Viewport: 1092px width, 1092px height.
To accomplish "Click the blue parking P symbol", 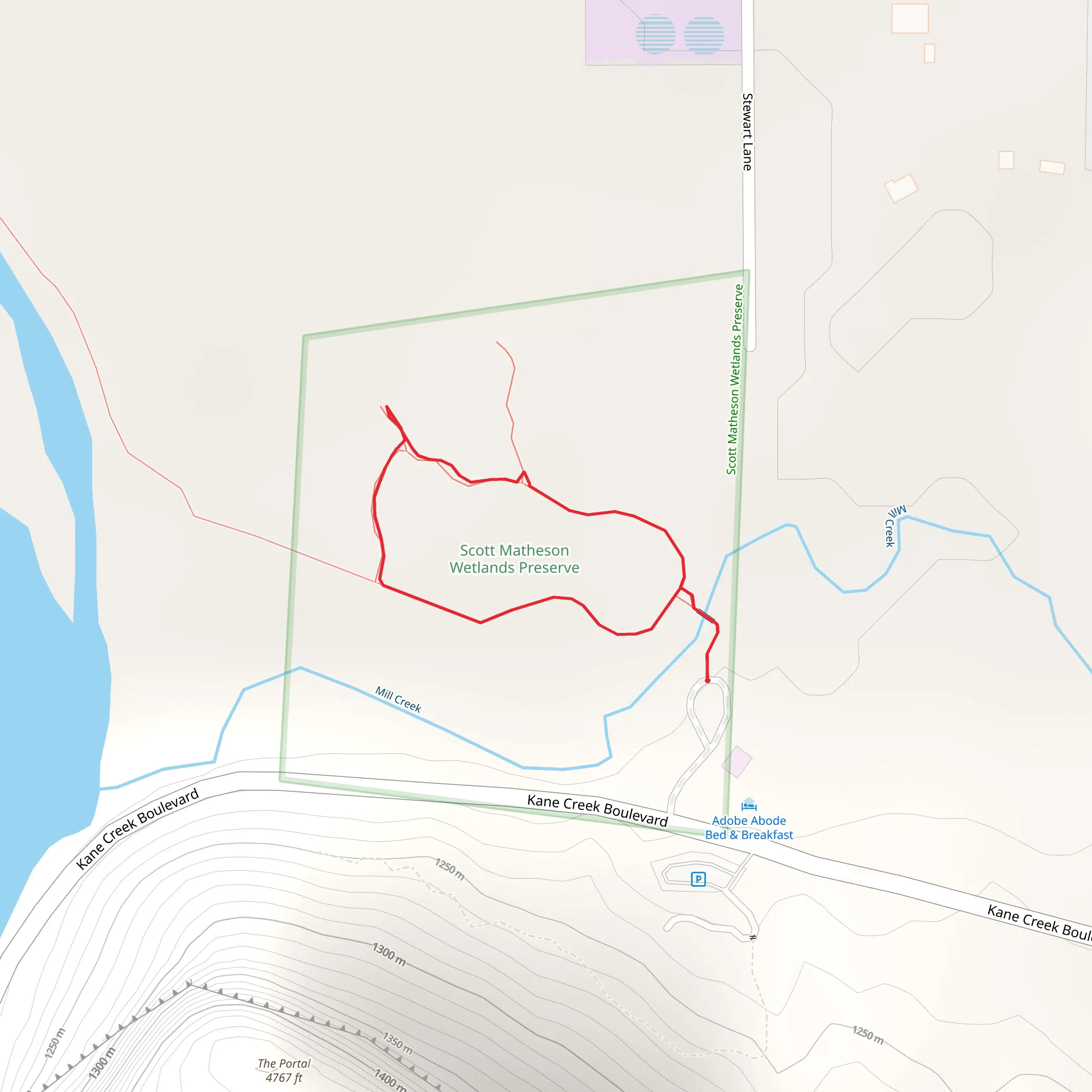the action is [698, 879].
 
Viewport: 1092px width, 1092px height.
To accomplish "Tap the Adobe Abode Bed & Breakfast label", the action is [749, 828].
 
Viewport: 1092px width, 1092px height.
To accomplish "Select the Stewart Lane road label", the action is [747, 132].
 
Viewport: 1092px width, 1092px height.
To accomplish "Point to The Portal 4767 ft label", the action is [284, 1071].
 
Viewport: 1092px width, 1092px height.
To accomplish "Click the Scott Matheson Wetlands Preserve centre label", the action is [515, 558].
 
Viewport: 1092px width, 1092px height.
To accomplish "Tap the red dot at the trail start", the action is [707, 680].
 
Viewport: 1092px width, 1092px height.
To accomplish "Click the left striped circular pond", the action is [656, 34].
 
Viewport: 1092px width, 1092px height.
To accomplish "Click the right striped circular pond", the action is [704, 35].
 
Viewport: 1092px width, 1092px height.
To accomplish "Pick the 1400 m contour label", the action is [390, 1079].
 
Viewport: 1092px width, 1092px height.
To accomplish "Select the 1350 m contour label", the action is [398, 1043].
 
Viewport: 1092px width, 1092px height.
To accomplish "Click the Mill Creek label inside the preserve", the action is [398, 700].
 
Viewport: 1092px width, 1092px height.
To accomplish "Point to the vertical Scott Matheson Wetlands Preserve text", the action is [735, 379].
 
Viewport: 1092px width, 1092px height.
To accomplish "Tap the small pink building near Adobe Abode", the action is [736, 761].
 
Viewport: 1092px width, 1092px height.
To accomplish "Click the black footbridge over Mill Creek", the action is [706, 615].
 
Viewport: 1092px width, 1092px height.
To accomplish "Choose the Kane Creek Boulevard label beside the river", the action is [138, 828].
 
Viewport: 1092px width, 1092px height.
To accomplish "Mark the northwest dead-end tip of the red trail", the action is [387, 406].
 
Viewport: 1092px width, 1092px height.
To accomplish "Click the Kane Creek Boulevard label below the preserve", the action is [597, 810].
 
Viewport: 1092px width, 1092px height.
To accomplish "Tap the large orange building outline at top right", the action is [910, 19].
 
